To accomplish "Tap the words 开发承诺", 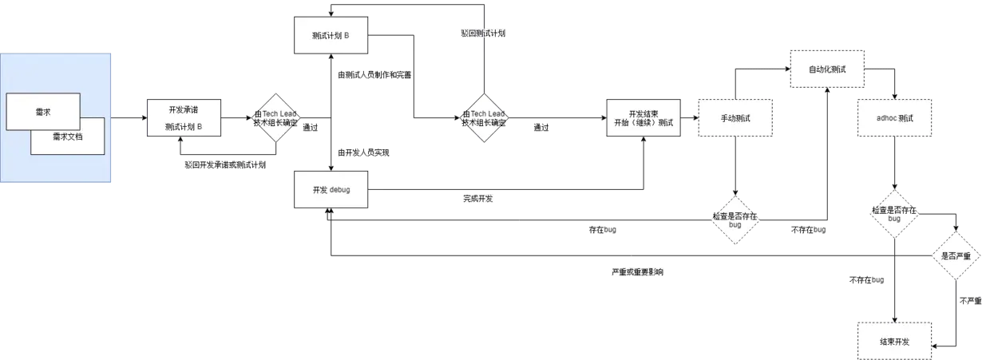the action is click(183, 110).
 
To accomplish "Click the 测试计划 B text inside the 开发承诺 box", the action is click(183, 126).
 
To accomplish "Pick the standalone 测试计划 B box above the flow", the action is click(331, 35).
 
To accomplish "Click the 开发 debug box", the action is click(331, 190).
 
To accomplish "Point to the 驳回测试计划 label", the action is click(484, 33).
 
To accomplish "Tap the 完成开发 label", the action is click(479, 197).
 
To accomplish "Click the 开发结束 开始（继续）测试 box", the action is click(643, 119).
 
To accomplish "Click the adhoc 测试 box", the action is click(894, 119).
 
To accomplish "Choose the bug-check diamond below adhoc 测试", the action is click(894, 214).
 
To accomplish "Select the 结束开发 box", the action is click(894, 341).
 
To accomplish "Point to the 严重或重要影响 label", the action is click(637, 272).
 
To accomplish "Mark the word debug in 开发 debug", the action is click(340, 190).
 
